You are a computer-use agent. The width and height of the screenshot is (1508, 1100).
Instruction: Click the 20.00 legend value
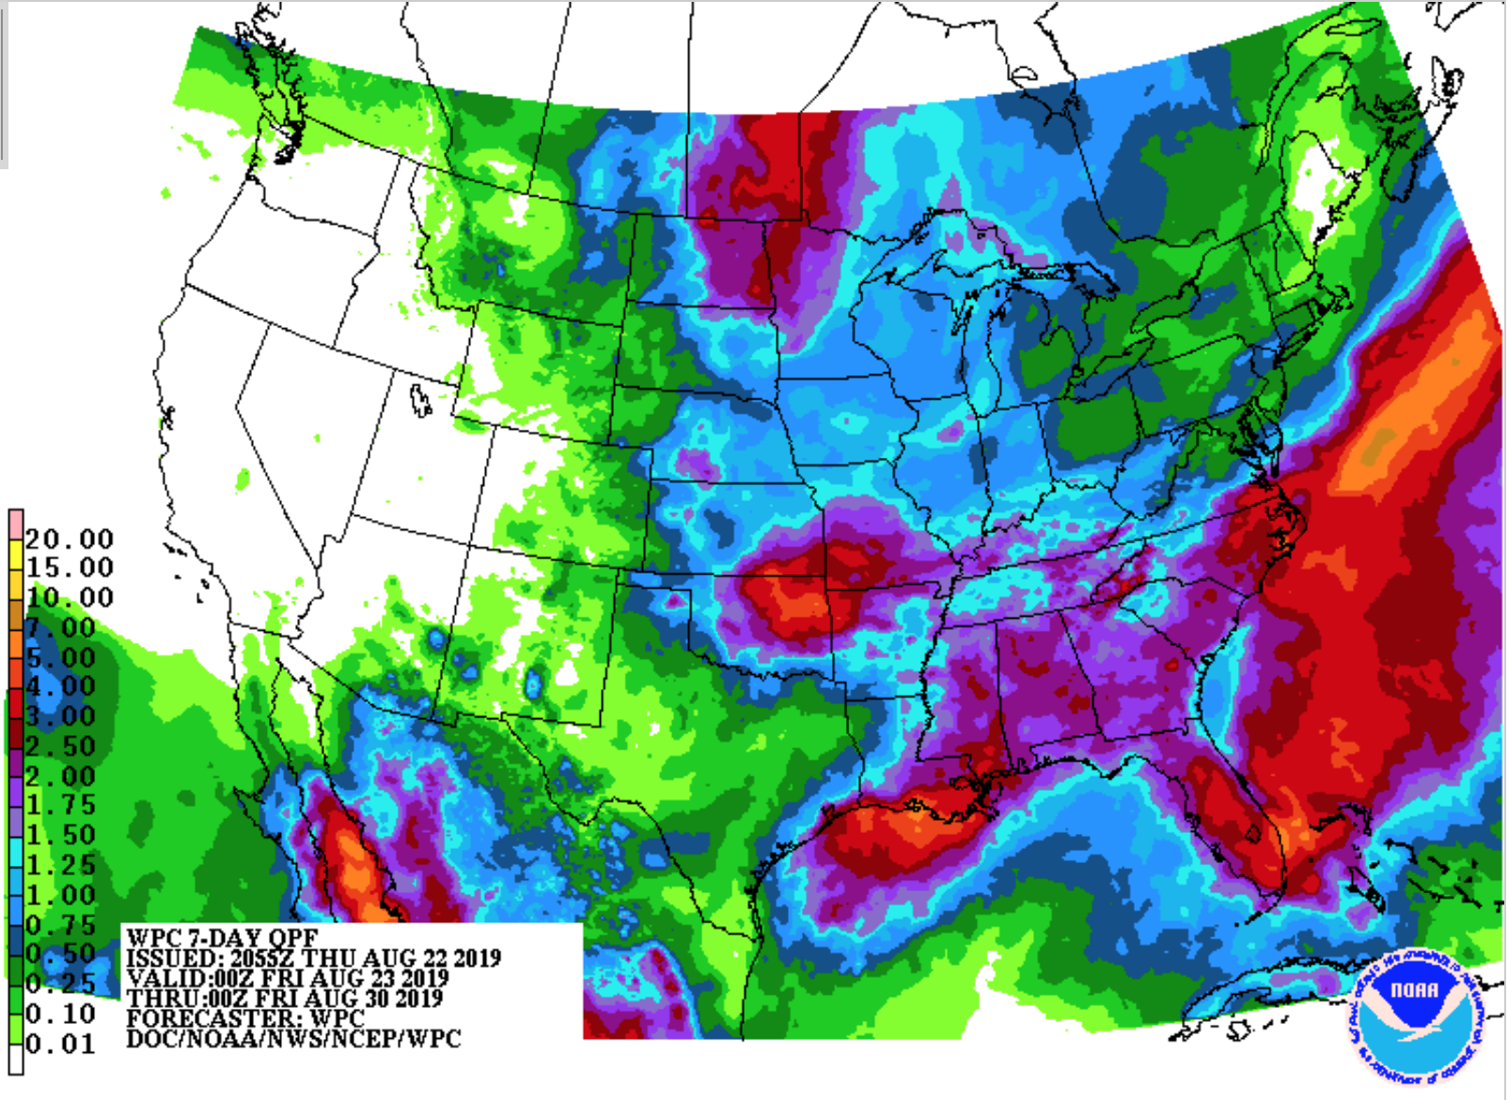[x=69, y=540]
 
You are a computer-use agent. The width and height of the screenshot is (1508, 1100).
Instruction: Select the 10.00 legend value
[x=69, y=598]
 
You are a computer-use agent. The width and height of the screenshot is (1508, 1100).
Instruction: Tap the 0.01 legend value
[x=61, y=1045]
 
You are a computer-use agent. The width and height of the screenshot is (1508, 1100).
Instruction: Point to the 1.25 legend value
[x=61, y=865]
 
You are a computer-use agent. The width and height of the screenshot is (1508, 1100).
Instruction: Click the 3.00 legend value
[x=61, y=716]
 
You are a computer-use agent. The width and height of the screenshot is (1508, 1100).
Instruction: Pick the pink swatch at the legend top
[x=16, y=522]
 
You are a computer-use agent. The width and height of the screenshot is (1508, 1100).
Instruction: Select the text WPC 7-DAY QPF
[x=222, y=938]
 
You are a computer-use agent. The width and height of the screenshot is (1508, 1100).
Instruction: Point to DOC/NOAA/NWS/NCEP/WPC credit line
[x=293, y=1039]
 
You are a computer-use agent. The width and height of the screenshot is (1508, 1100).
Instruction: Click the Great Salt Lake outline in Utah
[x=420, y=401]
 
